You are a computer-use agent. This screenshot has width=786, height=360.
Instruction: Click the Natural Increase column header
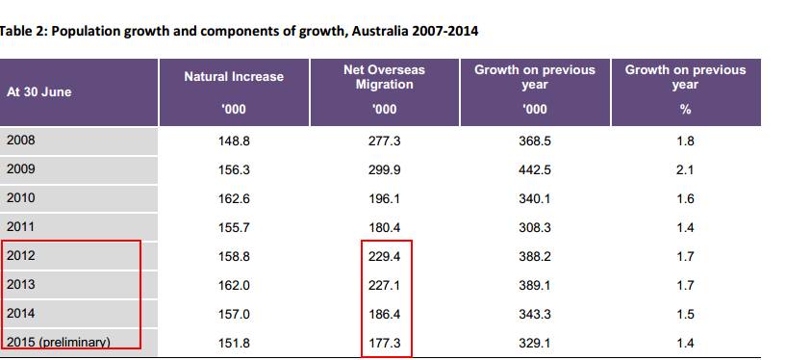pyautogui.click(x=234, y=77)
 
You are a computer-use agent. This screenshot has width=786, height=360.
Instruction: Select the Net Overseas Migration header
pyautogui.click(x=384, y=77)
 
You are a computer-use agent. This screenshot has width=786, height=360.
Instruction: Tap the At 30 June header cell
pyautogui.click(x=39, y=92)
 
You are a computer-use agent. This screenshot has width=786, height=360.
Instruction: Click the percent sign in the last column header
pyautogui.click(x=685, y=110)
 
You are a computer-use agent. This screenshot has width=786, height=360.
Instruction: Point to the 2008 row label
pyautogui.click(x=21, y=140)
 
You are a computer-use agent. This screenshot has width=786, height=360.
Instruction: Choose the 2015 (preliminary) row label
pyautogui.click(x=58, y=343)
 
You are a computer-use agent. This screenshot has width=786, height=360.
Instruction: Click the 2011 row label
pyautogui.click(x=21, y=226)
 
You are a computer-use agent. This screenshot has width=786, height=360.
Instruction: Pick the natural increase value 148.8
pyautogui.click(x=234, y=141)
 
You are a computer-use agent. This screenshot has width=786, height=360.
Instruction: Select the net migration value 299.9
pyautogui.click(x=384, y=170)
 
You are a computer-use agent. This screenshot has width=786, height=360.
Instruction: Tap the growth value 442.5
pyautogui.click(x=535, y=170)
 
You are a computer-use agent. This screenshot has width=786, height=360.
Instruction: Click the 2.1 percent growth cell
pyautogui.click(x=685, y=170)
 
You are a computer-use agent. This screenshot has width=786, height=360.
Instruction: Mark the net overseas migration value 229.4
pyautogui.click(x=384, y=257)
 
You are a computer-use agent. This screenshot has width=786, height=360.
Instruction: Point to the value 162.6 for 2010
pyautogui.click(x=234, y=199)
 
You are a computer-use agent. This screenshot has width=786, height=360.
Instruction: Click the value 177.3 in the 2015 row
pyautogui.click(x=384, y=344)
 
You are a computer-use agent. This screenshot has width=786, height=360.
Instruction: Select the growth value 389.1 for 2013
pyautogui.click(x=535, y=286)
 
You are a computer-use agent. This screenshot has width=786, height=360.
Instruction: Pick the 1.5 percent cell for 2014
pyautogui.click(x=685, y=315)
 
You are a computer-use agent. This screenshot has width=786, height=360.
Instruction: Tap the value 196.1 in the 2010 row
pyautogui.click(x=384, y=199)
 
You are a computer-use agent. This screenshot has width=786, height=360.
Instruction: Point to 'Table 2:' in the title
pyautogui.click(x=23, y=31)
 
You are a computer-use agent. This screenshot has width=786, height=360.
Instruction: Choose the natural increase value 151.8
pyautogui.click(x=234, y=344)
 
